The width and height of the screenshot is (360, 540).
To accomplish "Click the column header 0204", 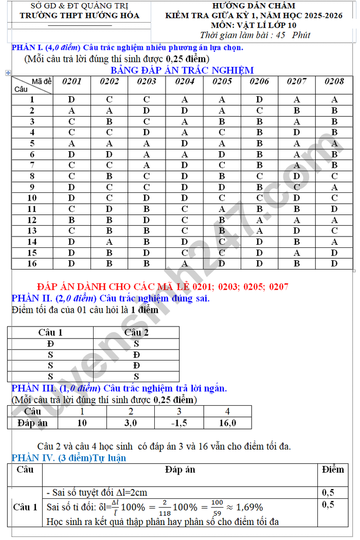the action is (x=185, y=81).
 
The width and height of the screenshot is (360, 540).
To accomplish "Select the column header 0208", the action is (x=334, y=81).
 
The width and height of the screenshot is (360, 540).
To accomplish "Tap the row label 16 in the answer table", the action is (x=32, y=263).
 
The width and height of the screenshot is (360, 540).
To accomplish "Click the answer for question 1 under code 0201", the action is (x=71, y=100).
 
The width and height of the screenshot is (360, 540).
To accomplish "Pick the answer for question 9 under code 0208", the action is (x=334, y=187).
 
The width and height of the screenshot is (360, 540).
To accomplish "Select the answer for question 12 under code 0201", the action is (x=71, y=220).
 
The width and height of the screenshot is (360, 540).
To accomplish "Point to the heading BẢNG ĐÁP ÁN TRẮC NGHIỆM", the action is (x=182, y=70).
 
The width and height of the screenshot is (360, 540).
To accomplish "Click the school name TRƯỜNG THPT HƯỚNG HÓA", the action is (x=79, y=15).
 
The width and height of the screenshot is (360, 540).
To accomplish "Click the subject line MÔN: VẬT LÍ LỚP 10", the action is (x=257, y=25).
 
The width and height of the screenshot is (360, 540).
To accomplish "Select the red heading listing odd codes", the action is (x=163, y=287).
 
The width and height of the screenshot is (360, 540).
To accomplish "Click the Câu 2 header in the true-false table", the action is (x=136, y=332).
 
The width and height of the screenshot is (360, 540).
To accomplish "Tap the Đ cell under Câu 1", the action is (x=50, y=344).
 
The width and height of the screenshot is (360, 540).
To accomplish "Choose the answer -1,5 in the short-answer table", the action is (x=179, y=423).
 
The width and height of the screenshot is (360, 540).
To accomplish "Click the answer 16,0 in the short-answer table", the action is (x=227, y=423).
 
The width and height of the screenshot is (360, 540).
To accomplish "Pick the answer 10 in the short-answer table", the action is (x=82, y=423).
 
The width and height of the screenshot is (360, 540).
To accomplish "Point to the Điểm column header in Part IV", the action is (x=333, y=470).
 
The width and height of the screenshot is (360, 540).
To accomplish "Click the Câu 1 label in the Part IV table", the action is (x=25, y=507).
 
